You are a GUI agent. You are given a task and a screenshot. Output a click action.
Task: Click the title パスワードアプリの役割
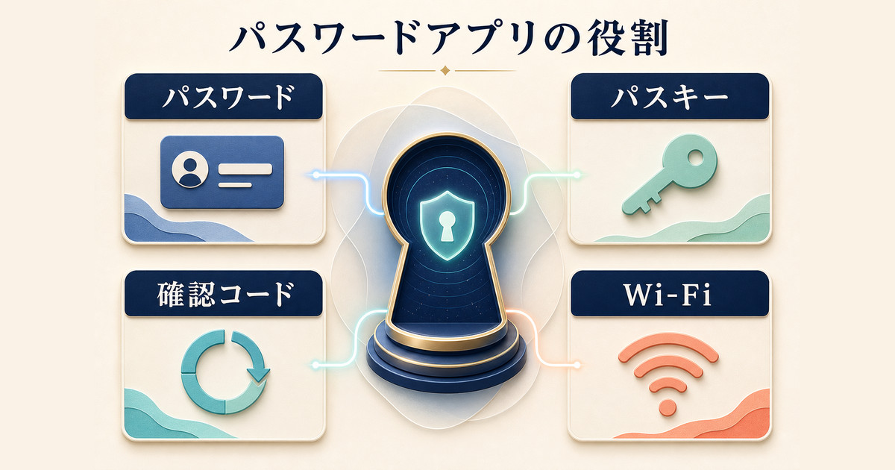coord(448,41)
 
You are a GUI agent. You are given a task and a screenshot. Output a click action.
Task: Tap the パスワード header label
coord(228,97)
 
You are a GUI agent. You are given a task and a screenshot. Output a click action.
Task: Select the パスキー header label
coord(670,97)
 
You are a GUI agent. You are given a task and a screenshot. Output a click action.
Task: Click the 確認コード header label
coord(226,294)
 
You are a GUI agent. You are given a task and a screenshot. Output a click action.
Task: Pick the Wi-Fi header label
coord(669,295)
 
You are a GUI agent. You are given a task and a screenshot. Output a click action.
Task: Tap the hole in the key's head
coord(697,157)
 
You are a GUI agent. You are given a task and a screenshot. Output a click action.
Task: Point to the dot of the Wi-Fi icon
coord(668,407)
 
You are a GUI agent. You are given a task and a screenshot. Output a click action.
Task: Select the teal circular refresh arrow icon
coord(224,372)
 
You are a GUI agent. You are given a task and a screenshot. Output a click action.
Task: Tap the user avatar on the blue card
coord(189,169)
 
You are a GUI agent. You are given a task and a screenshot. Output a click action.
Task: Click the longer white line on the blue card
coord(245,169)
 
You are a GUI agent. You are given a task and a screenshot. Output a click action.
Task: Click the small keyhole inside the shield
coord(447,226)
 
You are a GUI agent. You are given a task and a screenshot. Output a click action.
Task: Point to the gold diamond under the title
coord(445,71)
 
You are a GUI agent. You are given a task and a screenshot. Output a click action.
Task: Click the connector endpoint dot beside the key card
coord(577,175)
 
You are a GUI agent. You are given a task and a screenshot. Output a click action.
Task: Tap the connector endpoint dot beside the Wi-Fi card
coord(577,365)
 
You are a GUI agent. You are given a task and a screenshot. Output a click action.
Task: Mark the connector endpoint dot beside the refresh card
coord(315,365)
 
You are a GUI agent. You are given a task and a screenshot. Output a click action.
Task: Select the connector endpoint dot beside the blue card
coord(316,175)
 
